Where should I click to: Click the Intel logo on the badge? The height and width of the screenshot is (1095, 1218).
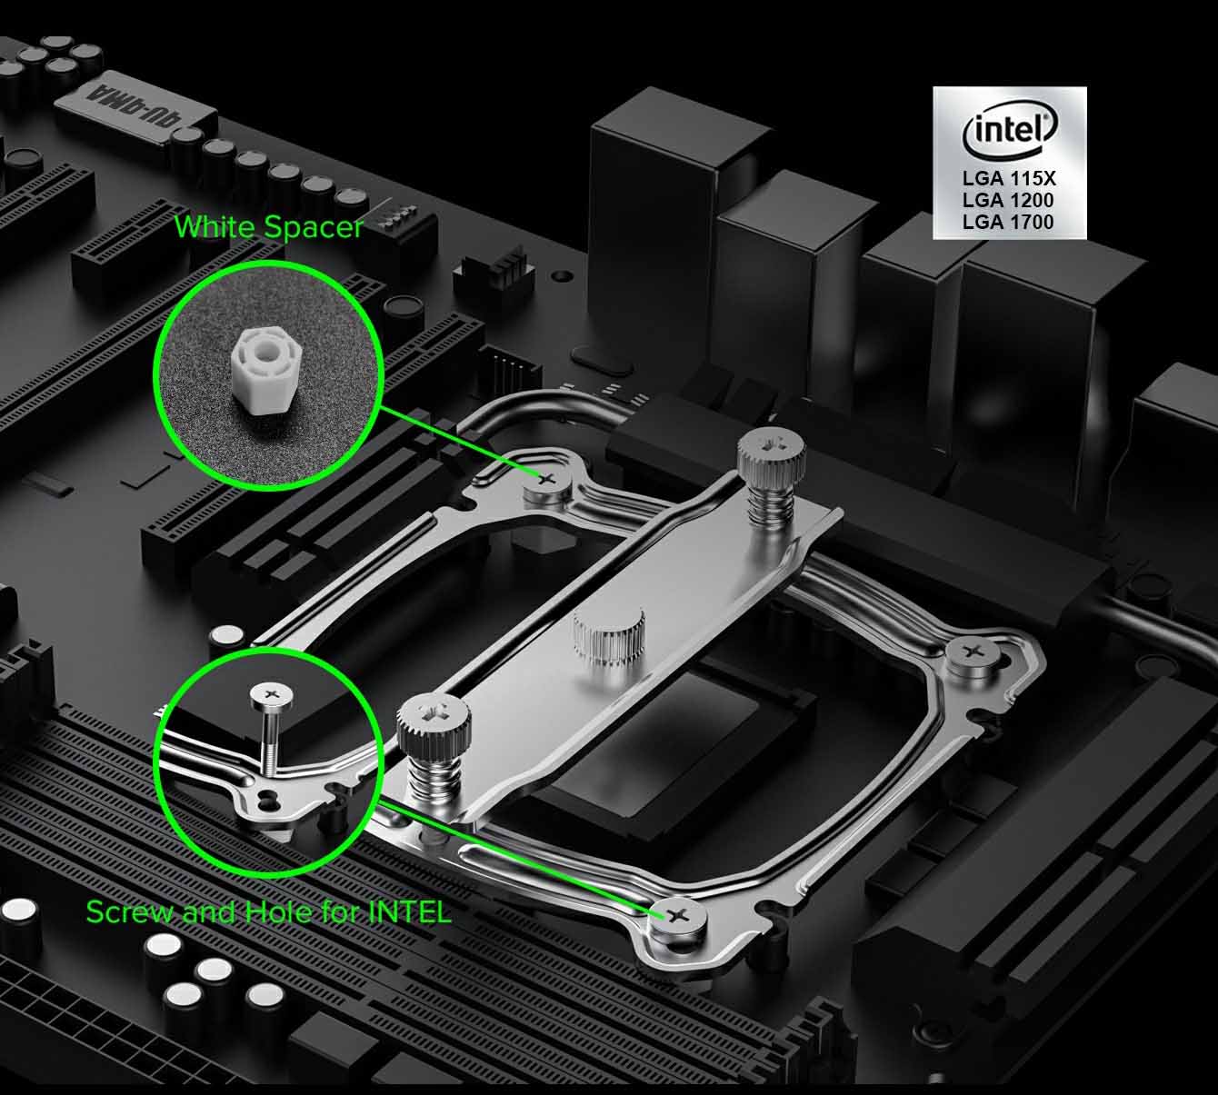1010,131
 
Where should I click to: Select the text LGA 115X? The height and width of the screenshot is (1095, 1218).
1009,178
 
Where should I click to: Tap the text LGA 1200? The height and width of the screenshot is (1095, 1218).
1008,200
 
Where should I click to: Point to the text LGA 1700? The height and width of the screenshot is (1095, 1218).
1008,222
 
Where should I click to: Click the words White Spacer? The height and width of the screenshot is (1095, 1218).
269,228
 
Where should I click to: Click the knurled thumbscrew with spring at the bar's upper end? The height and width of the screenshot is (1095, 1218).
771,476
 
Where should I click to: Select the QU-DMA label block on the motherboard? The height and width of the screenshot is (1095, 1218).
135,108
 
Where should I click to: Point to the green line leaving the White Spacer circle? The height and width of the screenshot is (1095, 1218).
459,441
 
